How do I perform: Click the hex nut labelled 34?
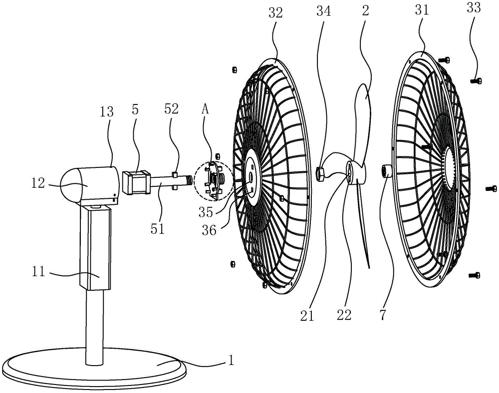pos(321,173)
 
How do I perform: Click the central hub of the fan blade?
pos(355,174)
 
